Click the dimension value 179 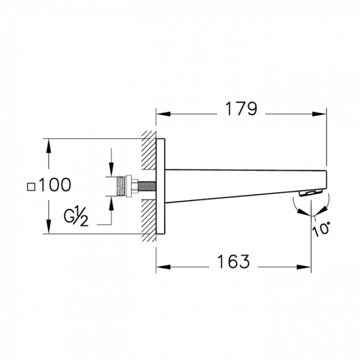(240, 109)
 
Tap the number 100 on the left (55, 185)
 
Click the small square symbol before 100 (32, 187)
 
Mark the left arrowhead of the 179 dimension (161, 115)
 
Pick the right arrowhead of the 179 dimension (321, 115)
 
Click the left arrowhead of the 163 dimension (161, 267)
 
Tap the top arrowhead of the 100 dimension (49, 145)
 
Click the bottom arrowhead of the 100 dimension (49, 228)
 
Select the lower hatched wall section (149, 222)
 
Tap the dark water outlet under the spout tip (310, 193)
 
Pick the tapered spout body (238, 183)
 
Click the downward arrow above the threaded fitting (112, 169)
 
